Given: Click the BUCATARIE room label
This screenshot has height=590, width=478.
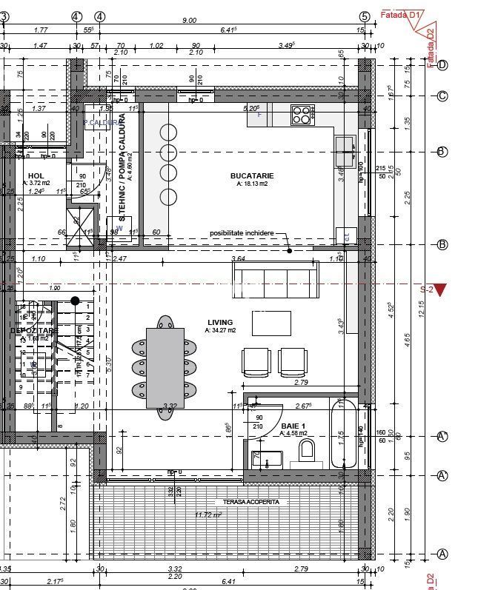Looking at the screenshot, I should click(x=252, y=175).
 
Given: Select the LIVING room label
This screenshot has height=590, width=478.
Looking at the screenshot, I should click(x=220, y=323).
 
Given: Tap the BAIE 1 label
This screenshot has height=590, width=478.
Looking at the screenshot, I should click(x=294, y=426).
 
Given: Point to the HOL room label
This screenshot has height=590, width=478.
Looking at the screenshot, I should click(x=36, y=176).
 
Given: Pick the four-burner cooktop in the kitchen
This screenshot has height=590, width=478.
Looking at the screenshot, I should click(x=301, y=115).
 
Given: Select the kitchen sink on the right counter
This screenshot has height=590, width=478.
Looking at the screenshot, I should click(x=345, y=152).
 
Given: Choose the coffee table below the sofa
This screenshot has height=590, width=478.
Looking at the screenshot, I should click(x=272, y=324).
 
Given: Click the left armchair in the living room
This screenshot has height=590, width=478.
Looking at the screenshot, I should click(x=256, y=361).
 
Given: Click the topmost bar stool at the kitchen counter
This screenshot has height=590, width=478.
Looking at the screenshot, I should click(x=169, y=133).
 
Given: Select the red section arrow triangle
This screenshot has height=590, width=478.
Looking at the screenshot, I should click(x=440, y=289).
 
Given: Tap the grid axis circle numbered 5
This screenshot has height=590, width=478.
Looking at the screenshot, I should click(x=364, y=16).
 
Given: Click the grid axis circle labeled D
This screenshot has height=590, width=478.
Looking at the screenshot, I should click(x=442, y=65).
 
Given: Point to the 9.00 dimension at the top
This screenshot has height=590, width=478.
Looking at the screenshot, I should click(x=189, y=21).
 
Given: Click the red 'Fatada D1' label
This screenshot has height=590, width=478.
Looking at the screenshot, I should click(x=400, y=14).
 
